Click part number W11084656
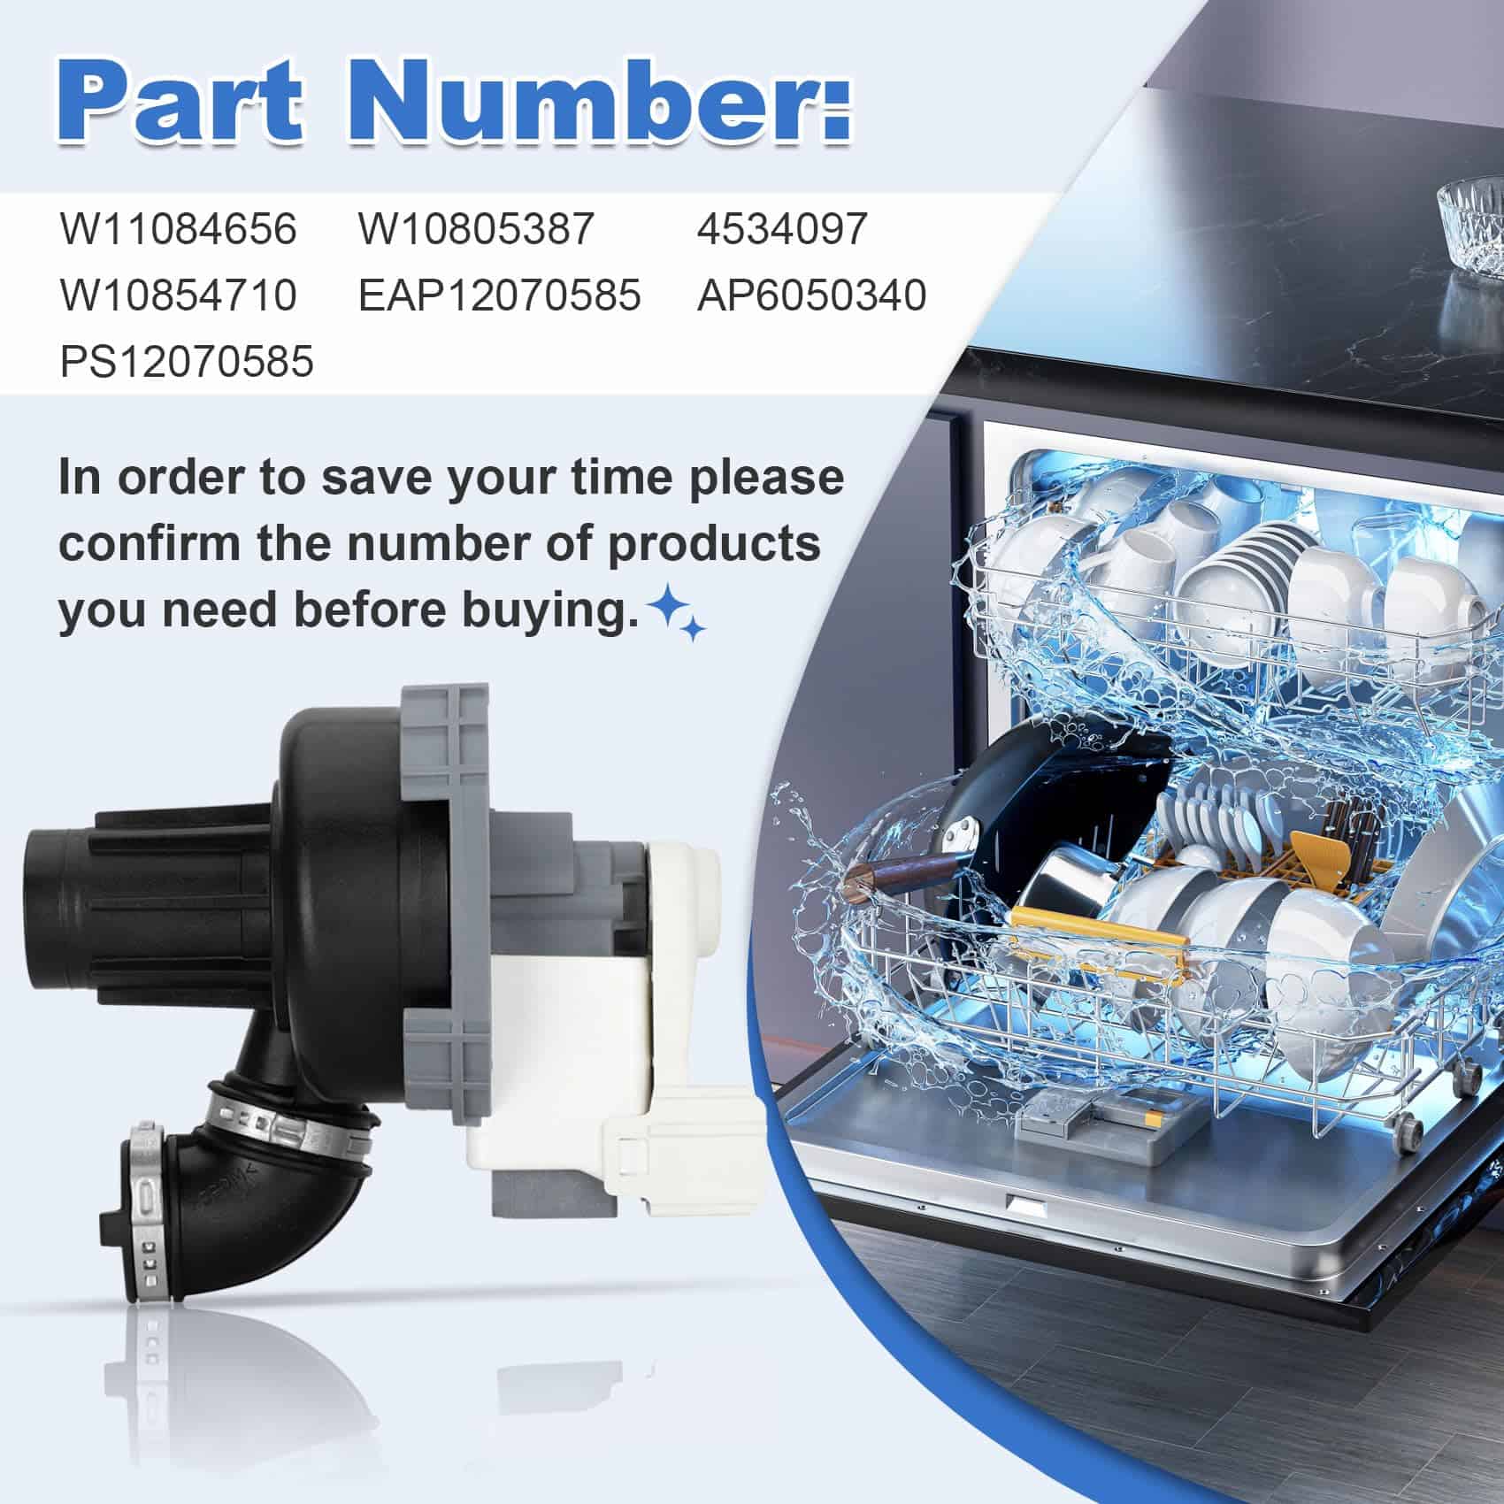(179, 229)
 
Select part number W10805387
(476, 229)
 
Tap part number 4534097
(782, 229)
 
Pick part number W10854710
(179, 295)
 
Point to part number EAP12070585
(500, 295)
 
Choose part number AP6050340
(811, 295)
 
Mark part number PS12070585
(187, 361)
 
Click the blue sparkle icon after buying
(677, 614)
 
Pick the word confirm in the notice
(149, 543)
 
